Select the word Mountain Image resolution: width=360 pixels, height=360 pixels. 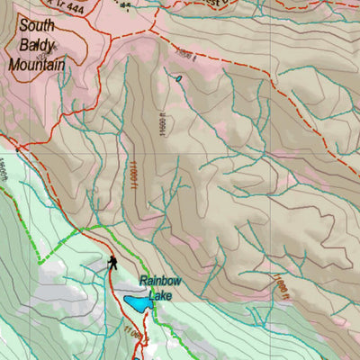[36, 65]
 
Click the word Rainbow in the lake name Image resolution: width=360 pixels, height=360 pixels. [160, 281]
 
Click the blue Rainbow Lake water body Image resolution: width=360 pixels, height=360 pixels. [138, 305]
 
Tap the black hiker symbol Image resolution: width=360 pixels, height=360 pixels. [112, 262]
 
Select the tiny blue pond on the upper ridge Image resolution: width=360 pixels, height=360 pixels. [179, 78]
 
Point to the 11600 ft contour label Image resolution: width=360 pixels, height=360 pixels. [163, 116]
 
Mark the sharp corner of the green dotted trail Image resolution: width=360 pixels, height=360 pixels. [39, 259]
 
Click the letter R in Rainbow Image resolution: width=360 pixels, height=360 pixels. [142, 281]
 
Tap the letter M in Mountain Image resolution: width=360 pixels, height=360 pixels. [13, 65]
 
